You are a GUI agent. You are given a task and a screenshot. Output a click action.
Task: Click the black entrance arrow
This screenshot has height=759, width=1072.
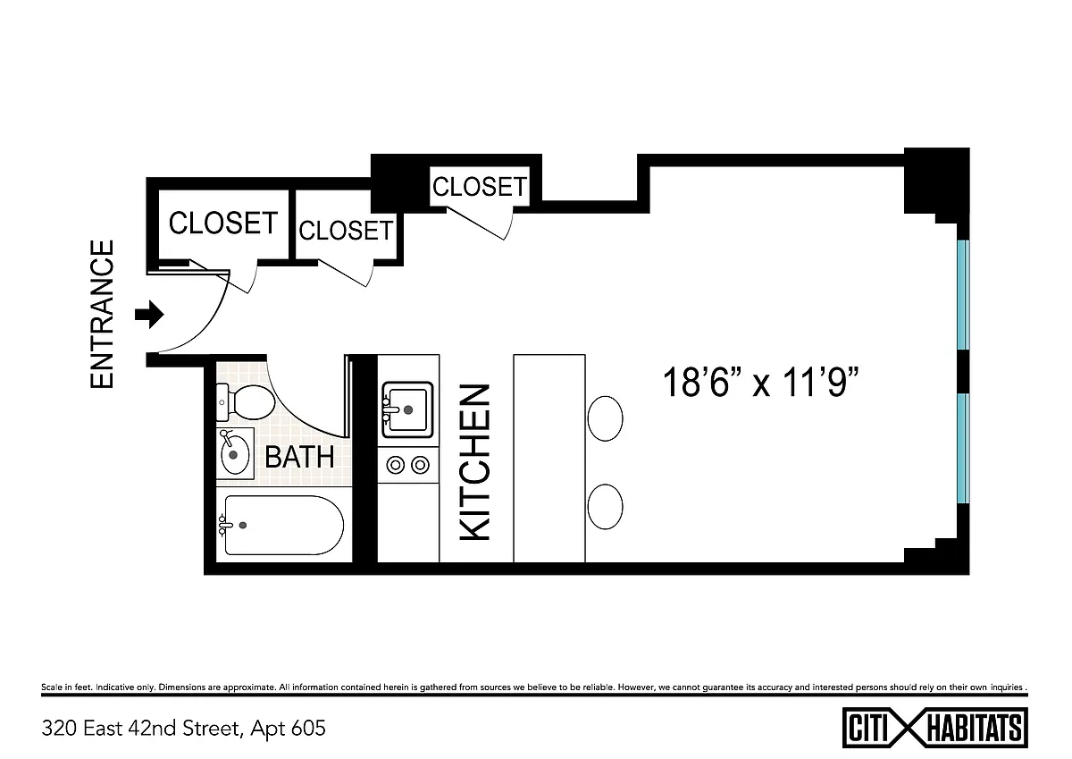[x=149, y=315]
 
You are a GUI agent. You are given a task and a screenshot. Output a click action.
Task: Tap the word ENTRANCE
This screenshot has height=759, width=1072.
[x=102, y=314]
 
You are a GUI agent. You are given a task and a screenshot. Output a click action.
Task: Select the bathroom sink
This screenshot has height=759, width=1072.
[x=235, y=453]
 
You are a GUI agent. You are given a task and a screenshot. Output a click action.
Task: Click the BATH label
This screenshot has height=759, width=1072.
[x=299, y=457]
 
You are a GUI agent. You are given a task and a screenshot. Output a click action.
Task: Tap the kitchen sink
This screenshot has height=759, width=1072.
[x=407, y=410]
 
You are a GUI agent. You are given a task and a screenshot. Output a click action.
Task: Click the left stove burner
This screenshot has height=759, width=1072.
[x=395, y=465]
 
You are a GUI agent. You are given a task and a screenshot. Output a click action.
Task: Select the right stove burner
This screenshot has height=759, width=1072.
[x=420, y=465]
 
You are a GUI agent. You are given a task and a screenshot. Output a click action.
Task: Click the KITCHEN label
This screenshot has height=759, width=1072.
[x=475, y=462]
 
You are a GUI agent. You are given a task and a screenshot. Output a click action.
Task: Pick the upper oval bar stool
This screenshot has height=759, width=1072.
[x=605, y=418]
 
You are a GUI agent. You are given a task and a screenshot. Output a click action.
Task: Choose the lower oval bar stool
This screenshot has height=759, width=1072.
[x=605, y=507]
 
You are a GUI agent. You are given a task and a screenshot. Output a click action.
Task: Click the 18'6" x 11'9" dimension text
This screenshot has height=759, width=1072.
[x=760, y=382]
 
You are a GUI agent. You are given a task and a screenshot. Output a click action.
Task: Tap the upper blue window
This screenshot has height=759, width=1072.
[x=963, y=294]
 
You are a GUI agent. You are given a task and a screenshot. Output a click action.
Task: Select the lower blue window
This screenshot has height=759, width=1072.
[x=963, y=448]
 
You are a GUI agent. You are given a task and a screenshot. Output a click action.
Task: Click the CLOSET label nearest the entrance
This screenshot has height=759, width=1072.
[x=223, y=223]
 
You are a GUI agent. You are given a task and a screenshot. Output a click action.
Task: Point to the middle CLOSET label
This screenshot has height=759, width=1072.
[x=346, y=231]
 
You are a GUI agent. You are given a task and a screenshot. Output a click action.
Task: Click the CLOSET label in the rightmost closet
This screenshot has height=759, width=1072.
[x=480, y=186]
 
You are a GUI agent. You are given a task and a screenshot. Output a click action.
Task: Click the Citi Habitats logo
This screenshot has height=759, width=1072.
[x=934, y=728]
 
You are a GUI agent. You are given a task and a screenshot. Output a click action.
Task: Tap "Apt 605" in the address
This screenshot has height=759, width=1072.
[x=288, y=729]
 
